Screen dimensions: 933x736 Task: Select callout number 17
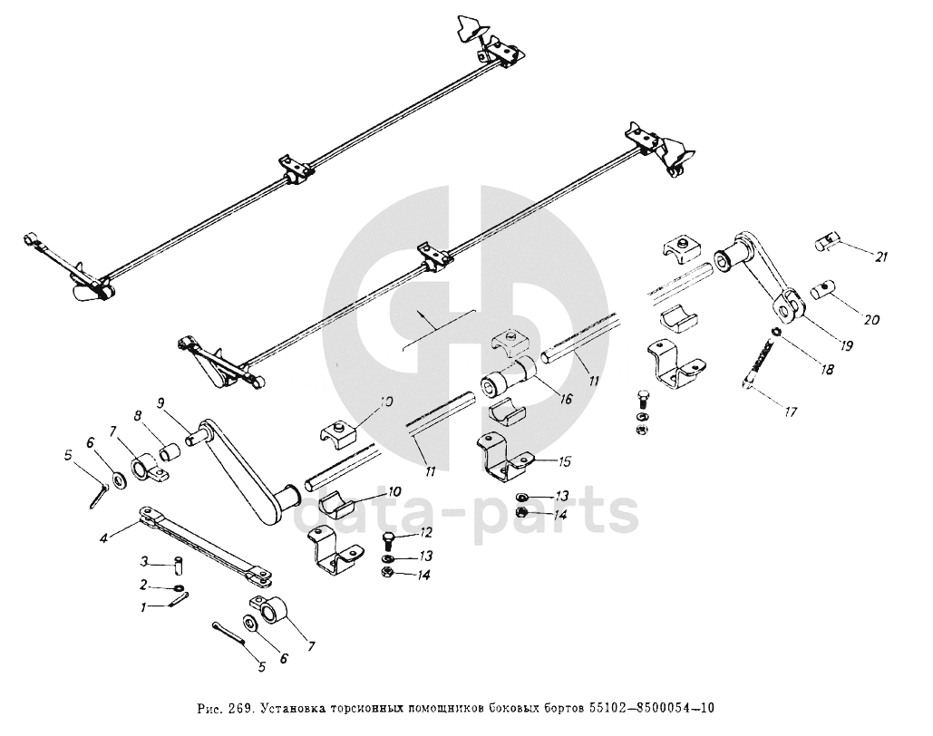tap(791, 412)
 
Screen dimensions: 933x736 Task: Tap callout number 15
tap(564, 461)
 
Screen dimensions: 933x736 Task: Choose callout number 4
tap(104, 538)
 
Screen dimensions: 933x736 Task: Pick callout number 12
tap(425, 532)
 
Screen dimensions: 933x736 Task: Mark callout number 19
tap(845, 344)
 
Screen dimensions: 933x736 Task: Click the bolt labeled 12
tap(388, 541)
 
